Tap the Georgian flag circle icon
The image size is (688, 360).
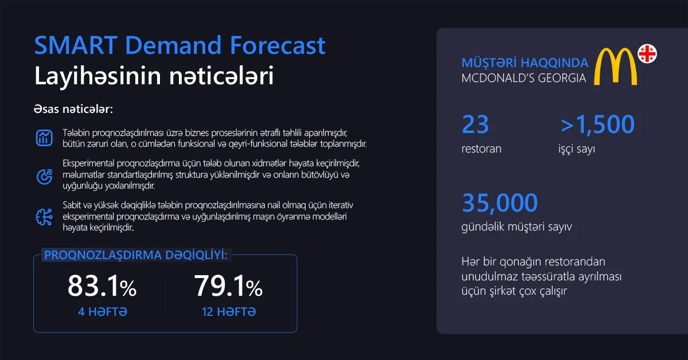pos(647,54)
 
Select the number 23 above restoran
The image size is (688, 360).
pos(475,124)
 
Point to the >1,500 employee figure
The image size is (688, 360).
pos(597,124)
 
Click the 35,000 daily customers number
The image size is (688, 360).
pos(500,203)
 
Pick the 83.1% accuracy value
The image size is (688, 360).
pos(102,286)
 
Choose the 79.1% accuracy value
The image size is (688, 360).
pos(228,286)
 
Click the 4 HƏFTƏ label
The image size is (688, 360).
pos(102,312)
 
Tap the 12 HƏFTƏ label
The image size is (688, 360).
pos(229,312)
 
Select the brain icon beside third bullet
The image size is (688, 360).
pos(44,216)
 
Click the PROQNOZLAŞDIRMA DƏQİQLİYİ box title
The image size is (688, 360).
pos(135,255)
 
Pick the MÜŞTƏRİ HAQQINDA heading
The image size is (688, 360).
pos(525,62)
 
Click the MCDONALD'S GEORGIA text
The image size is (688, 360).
pos(523,78)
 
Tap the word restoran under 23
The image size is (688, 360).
pos(481,149)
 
